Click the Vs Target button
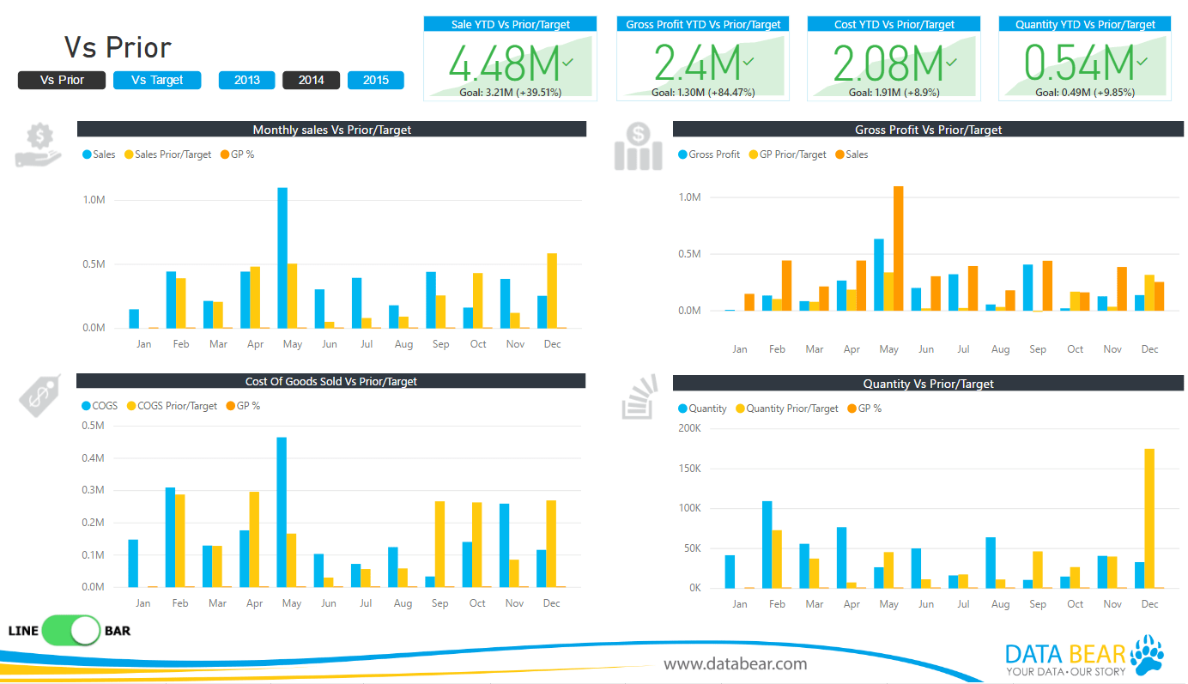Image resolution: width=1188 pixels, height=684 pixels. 157,80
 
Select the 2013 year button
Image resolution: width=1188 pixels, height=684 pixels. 246,80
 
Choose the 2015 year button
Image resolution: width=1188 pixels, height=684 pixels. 375,80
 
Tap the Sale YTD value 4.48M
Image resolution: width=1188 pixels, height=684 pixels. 503,63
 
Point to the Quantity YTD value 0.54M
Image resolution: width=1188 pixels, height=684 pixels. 1079,63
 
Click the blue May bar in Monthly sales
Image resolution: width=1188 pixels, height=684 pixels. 282,257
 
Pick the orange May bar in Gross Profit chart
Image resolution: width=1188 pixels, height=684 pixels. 899,248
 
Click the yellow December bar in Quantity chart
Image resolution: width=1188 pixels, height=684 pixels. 1149,518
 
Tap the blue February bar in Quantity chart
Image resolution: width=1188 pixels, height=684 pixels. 767,544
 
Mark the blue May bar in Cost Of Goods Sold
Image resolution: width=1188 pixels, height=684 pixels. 282,511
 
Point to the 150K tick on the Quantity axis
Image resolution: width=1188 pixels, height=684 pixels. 688,469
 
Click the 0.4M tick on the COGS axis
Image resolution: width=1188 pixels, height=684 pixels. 92,458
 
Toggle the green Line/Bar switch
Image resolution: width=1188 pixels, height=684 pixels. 71,631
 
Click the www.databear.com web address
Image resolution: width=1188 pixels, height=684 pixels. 735,663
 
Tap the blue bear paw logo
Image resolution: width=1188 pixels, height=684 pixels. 1147,654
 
